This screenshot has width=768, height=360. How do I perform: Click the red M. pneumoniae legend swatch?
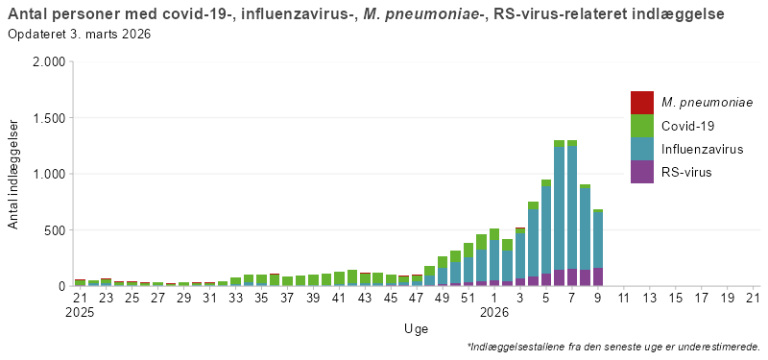click(641, 103)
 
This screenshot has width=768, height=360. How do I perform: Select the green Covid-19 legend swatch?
click(641, 126)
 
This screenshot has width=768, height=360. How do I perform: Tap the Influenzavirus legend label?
click(702, 149)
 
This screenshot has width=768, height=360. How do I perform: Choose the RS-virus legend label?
click(686, 172)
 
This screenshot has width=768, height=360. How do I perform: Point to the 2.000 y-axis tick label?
click(47, 62)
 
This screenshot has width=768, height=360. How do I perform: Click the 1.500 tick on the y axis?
click(47, 118)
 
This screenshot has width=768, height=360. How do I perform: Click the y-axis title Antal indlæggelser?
click(13, 174)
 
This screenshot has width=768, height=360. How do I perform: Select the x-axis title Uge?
click(416, 328)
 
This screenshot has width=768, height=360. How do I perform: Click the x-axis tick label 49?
click(443, 299)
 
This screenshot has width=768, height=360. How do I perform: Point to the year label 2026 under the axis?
click(494, 312)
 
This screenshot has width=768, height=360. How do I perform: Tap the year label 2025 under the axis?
click(81, 312)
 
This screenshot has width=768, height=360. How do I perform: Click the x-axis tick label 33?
click(235, 299)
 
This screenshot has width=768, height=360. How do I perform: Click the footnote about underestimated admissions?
click(613, 347)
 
